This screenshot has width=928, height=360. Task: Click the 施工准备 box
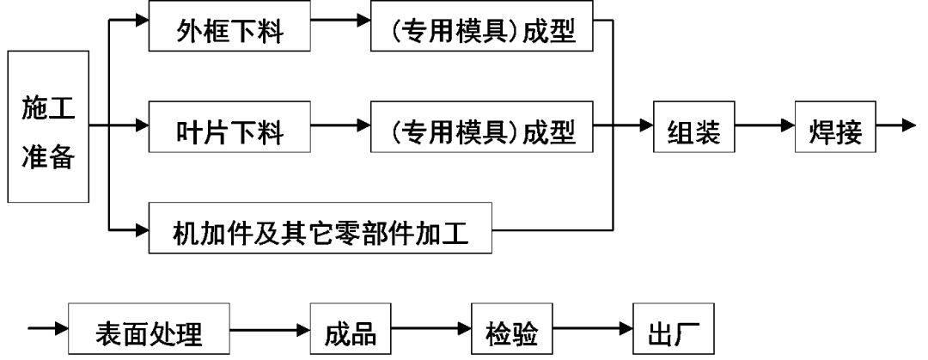point(48,126)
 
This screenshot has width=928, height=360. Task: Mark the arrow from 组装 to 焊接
point(765,126)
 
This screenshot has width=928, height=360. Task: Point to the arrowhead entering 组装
point(645,126)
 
